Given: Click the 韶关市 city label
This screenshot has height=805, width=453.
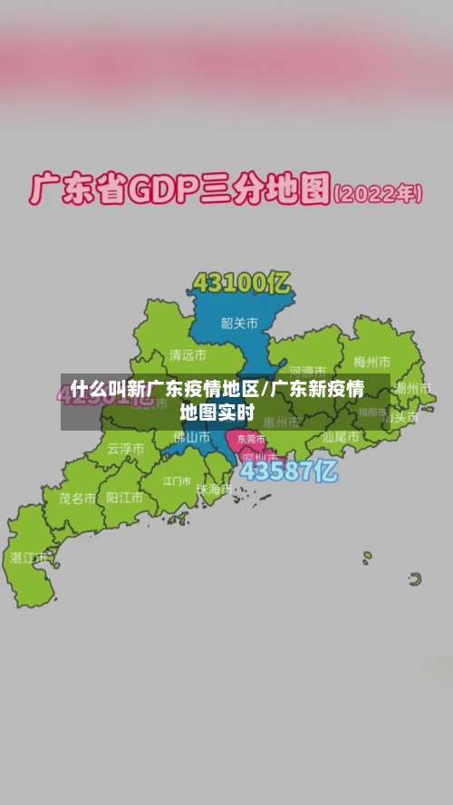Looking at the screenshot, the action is [x=239, y=322].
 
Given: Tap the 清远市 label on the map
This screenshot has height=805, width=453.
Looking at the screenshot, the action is [x=188, y=354].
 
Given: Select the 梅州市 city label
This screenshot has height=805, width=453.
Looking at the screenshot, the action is [x=371, y=362].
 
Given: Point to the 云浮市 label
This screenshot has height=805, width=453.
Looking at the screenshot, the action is [x=125, y=448].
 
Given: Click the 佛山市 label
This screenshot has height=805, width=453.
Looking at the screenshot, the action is [x=191, y=437].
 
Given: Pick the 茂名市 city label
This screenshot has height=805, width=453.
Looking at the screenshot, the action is [x=77, y=498].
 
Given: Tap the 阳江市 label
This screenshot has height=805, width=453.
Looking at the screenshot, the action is [x=124, y=498].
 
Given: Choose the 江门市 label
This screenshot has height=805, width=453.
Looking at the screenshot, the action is [x=178, y=480].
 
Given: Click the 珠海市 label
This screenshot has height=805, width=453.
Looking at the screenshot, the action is [x=214, y=490].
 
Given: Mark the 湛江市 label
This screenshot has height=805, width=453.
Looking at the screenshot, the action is [x=28, y=558].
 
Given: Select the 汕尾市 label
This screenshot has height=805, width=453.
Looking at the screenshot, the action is [x=341, y=437].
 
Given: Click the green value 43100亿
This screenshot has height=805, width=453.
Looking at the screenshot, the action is [x=241, y=283].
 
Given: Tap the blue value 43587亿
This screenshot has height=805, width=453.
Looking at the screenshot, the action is [x=289, y=471].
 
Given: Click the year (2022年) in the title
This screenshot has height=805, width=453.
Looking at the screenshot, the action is [x=379, y=194].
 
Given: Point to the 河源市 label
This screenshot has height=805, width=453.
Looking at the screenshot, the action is [x=308, y=371].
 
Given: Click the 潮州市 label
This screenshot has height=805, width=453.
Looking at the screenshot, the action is [x=411, y=388].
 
